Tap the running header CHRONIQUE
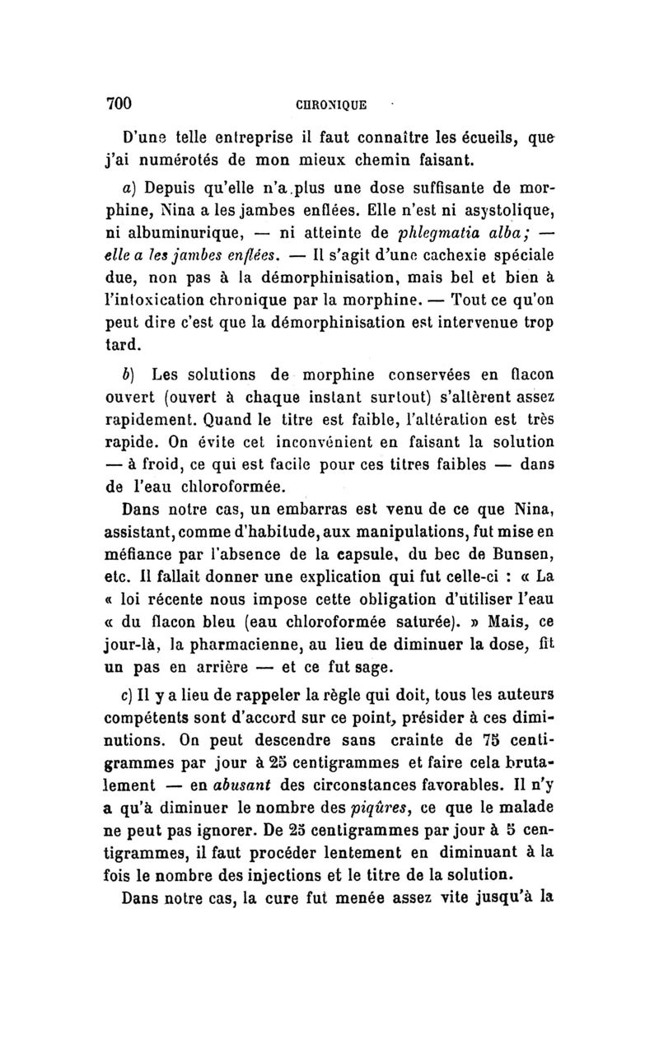pos(331,105)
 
